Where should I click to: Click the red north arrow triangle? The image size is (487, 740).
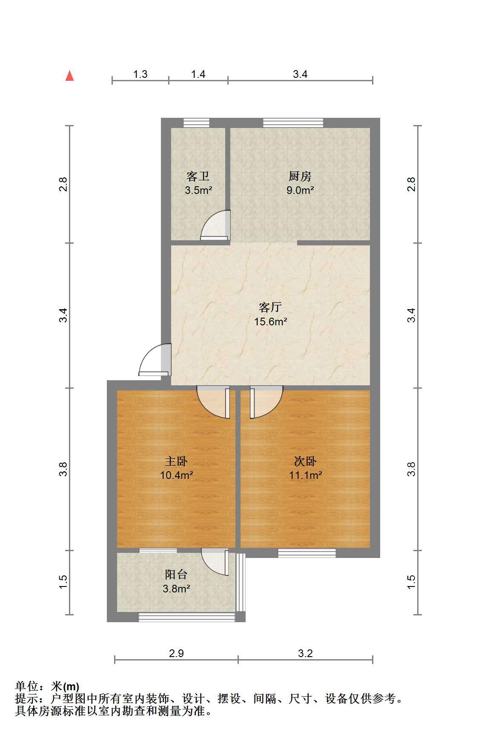(x=69, y=76)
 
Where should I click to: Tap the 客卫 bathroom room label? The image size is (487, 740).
(x=198, y=176)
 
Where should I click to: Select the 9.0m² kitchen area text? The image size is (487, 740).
(x=300, y=190)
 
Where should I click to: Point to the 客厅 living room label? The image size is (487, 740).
(x=270, y=307)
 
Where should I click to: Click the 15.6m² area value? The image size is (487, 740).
(x=271, y=322)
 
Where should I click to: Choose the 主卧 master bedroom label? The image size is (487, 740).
(x=176, y=461)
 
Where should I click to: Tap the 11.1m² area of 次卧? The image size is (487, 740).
(x=306, y=475)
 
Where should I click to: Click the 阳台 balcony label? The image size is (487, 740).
(x=176, y=575)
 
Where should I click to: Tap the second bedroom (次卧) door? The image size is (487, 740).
(x=266, y=402)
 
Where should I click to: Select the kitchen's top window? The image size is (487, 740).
(x=293, y=123)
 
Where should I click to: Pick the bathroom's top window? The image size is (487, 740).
(x=197, y=123)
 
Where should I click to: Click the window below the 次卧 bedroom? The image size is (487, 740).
(x=307, y=553)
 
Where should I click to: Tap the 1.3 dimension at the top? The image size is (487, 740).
(x=140, y=74)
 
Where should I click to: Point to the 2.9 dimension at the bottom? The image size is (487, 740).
(x=176, y=653)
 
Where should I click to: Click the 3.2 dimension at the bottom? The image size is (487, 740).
(x=305, y=653)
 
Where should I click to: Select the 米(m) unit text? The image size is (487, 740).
(x=65, y=687)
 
